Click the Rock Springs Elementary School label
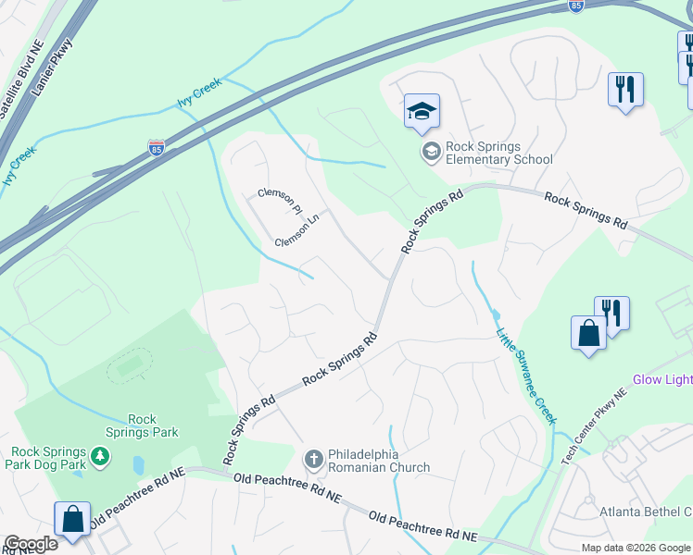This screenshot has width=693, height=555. point(498,153)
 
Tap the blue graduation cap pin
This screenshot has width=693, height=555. point(422,113)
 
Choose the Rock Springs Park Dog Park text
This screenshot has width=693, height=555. point(48,458)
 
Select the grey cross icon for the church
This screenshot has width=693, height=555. point(313,459)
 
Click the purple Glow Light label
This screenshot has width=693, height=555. point(661,380)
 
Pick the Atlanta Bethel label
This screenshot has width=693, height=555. point(646,512)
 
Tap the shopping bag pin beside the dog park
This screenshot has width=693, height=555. point(72,520)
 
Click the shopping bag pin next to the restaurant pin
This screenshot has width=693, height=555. point(588,333)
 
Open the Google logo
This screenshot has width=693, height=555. point(31,544)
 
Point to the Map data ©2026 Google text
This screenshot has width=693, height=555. point(635,548)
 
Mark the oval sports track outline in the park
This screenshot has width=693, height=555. point(130,367)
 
